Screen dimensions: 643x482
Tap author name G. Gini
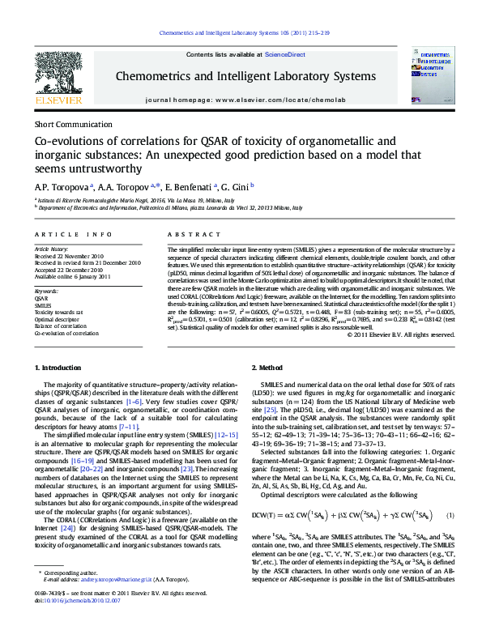[237, 185]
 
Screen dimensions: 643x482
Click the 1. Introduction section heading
[60, 368]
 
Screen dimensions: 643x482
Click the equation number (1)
[450, 492]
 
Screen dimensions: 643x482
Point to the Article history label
[51, 249]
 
